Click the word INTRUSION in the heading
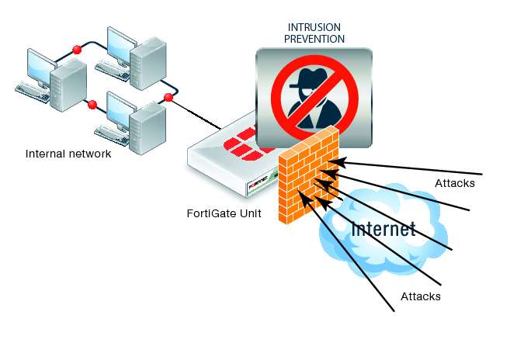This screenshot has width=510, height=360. click(x=314, y=26)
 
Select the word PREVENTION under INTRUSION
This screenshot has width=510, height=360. click(x=314, y=38)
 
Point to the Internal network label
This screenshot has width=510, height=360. click(x=68, y=154)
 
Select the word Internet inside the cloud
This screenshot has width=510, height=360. click(x=383, y=228)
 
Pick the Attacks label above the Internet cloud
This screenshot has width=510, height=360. click(x=455, y=184)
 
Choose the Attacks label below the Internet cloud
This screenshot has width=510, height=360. click(x=421, y=296)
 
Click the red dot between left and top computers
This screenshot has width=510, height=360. click(x=77, y=50)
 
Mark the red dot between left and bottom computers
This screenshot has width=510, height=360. click(x=92, y=104)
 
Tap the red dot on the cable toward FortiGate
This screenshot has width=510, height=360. click(x=168, y=97)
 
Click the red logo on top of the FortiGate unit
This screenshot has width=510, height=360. click(x=247, y=141)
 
